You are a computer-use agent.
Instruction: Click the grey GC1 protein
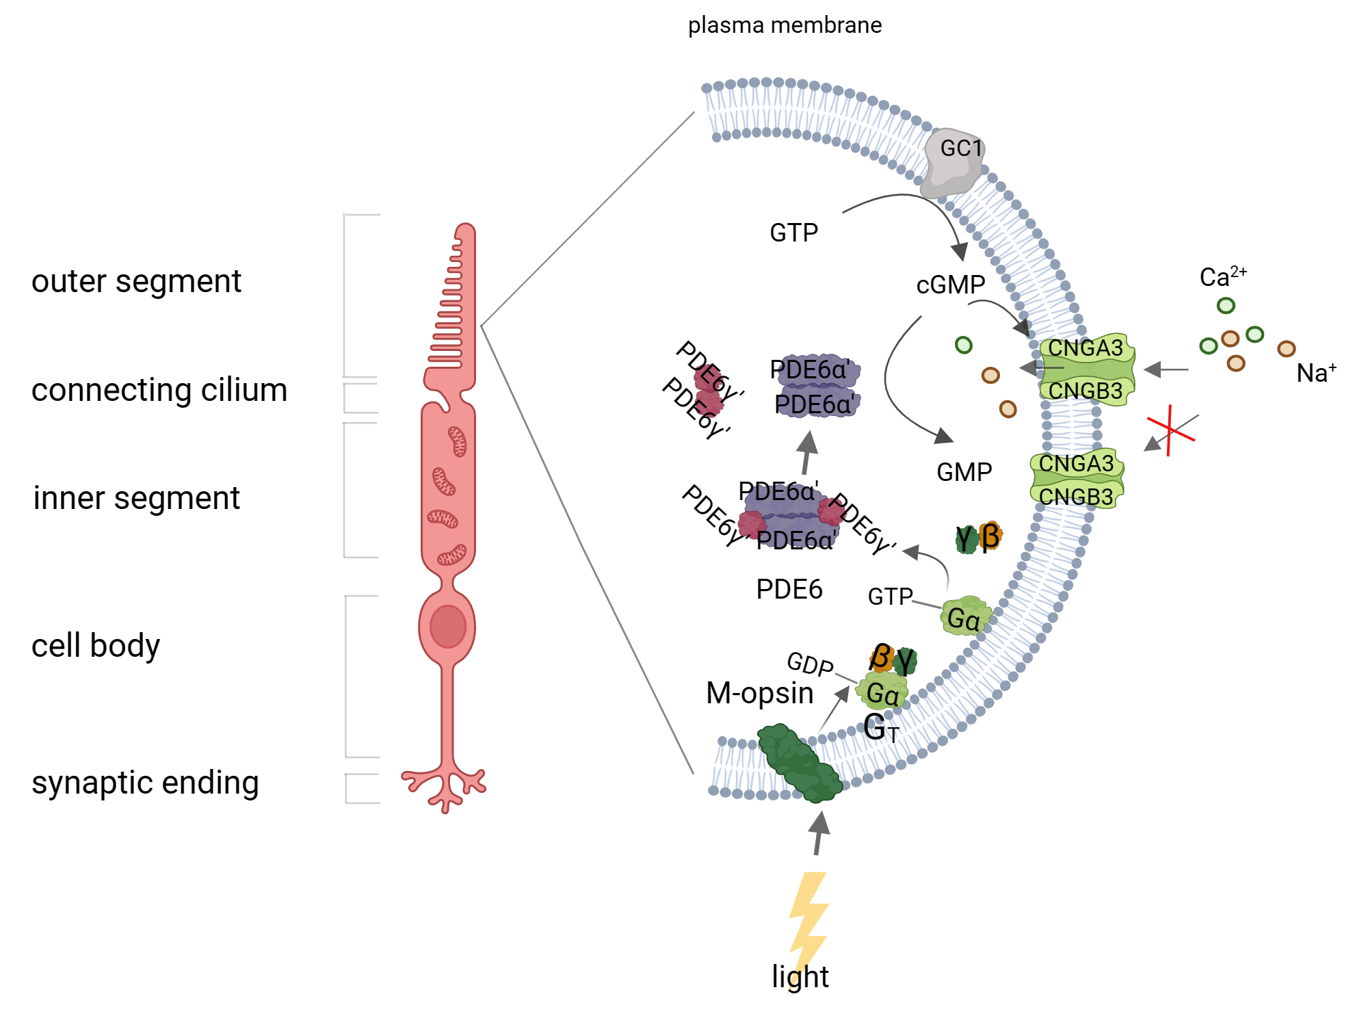point(954,162)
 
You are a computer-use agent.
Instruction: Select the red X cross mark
point(1170,430)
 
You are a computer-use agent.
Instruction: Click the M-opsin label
point(759,693)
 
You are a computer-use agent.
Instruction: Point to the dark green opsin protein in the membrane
point(799,763)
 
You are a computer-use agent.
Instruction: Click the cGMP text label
point(950,285)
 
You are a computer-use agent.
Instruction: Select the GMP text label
point(964,472)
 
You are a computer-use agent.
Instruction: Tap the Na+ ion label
point(1315,373)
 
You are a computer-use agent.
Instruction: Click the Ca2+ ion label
point(1222,276)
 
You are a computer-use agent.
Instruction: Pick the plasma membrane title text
point(785,25)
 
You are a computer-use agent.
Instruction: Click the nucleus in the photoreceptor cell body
point(448,626)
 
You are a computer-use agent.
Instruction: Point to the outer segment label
point(136,281)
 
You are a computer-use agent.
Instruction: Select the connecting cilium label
point(159,390)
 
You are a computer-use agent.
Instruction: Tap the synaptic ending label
point(145,783)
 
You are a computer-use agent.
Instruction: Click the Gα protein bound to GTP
point(964,617)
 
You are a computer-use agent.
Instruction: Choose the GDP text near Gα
point(809,664)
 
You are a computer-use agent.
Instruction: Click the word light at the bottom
point(800,976)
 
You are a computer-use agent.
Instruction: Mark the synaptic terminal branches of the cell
point(445,787)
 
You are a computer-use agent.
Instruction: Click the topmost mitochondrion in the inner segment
point(457,441)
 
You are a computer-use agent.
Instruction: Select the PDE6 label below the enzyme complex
point(789,589)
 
